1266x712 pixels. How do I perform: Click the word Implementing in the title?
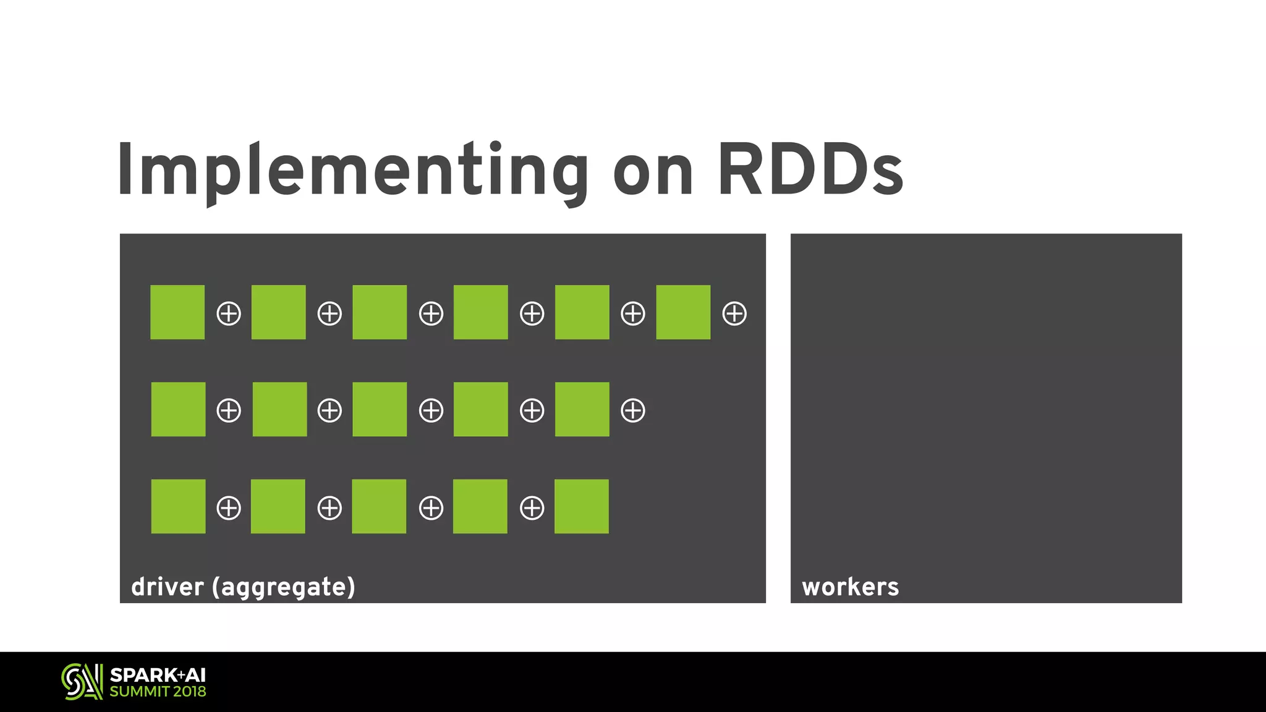(x=352, y=170)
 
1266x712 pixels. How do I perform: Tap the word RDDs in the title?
(x=810, y=170)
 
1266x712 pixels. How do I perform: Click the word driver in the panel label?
(x=168, y=587)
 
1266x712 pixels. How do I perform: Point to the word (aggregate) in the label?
(x=284, y=587)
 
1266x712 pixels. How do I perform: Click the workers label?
(x=850, y=587)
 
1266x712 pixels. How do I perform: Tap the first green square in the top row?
(x=177, y=312)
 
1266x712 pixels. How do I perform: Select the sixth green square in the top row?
(x=683, y=312)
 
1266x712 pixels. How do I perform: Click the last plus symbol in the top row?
(x=734, y=313)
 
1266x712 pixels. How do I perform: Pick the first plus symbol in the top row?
(x=229, y=313)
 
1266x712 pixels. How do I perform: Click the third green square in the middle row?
(x=380, y=409)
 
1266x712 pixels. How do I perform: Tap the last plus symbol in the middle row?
(x=633, y=410)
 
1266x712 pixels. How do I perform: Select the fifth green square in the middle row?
(x=582, y=409)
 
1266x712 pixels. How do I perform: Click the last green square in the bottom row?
(x=581, y=506)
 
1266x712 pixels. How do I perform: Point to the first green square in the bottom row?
(x=178, y=506)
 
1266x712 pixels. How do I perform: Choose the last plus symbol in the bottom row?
(x=532, y=508)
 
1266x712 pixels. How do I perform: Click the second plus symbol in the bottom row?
(x=329, y=508)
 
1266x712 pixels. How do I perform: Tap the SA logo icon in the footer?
(x=82, y=682)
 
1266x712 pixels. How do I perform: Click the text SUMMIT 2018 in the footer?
(x=158, y=692)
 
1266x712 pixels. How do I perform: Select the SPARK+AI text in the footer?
(x=158, y=675)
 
